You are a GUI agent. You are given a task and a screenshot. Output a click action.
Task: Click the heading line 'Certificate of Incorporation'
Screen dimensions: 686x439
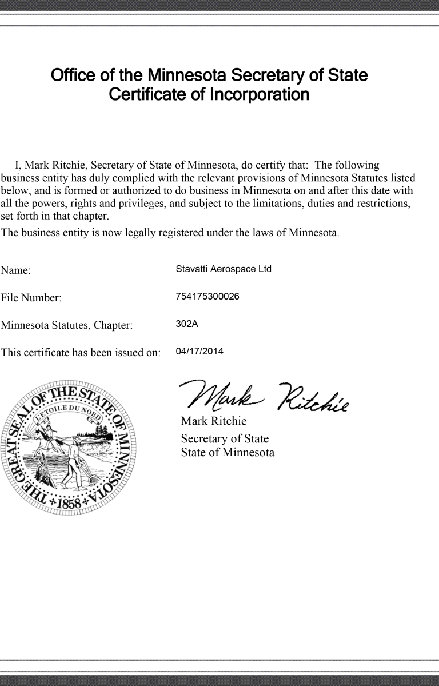tap(209, 94)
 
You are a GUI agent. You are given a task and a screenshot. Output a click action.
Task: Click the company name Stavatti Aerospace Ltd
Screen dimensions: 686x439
tap(224, 269)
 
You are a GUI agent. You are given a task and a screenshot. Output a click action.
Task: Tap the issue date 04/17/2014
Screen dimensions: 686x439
tap(199, 351)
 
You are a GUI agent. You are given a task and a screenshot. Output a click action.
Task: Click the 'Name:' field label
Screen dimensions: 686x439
tap(15, 270)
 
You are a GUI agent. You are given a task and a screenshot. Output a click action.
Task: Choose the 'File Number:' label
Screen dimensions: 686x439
tap(31, 298)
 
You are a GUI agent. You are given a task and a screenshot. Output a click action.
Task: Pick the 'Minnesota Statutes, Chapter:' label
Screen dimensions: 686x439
tap(67, 325)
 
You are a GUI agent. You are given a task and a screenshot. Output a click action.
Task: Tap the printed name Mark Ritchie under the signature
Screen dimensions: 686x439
tap(213, 422)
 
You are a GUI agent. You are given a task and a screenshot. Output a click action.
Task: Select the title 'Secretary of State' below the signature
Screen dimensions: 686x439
tap(225, 439)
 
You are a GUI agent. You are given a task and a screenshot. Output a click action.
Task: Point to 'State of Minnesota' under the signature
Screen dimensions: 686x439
tap(228, 453)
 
